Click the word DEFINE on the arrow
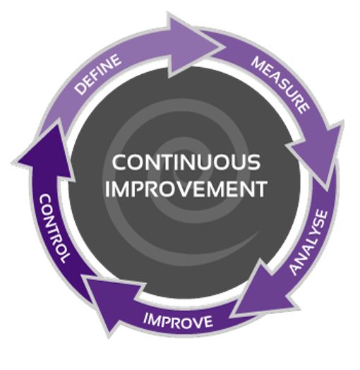[x=98, y=74]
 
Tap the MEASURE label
[x=280, y=85]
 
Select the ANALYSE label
[x=308, y=243]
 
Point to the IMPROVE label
[x=178, y=321]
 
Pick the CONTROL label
[x=54, y=228]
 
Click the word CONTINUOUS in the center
[x=186, y=162]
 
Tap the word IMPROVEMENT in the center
[x=186, y=189]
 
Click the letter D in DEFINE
[x=80, y=90]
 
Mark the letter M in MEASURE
[x=259, y=63]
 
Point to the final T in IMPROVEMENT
[x=260, y=189]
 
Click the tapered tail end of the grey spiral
[x=259, y=232]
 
